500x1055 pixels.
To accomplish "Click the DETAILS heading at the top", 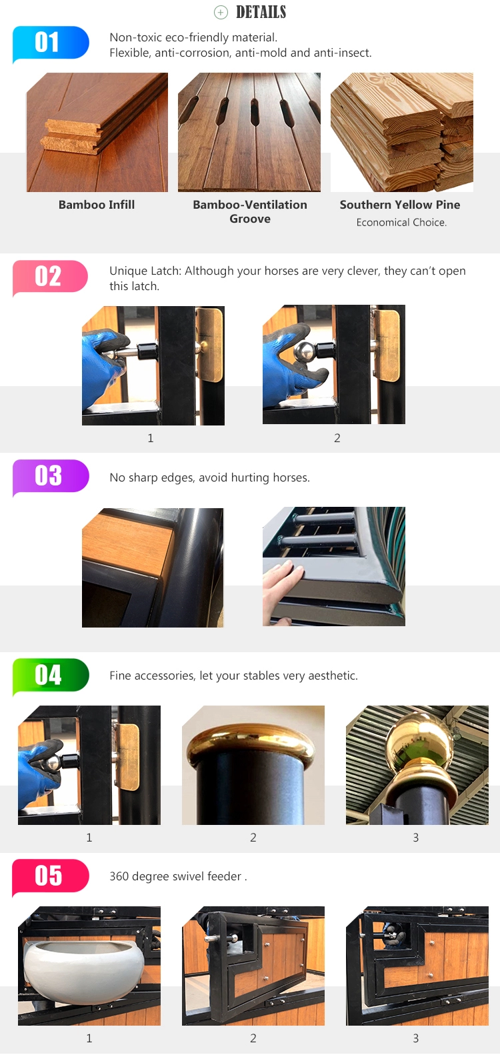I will tap(261, 12).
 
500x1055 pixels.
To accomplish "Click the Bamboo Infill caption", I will tap(97, 205).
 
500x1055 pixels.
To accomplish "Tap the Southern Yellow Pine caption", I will tap(400, 205).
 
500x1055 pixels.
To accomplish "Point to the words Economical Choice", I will tap(401, 223).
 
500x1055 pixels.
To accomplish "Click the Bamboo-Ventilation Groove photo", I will tap(249, 132).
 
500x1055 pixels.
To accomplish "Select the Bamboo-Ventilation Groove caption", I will tap(250, 211).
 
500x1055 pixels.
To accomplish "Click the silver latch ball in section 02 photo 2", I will tap(305, 353).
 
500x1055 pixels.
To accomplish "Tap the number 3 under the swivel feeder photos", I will tap(416, 1038).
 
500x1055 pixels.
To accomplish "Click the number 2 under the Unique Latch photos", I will tap(337, 438).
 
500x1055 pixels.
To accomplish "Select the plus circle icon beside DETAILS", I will tap(221, 12).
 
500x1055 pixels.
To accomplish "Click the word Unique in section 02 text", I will tap(128, 271).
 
